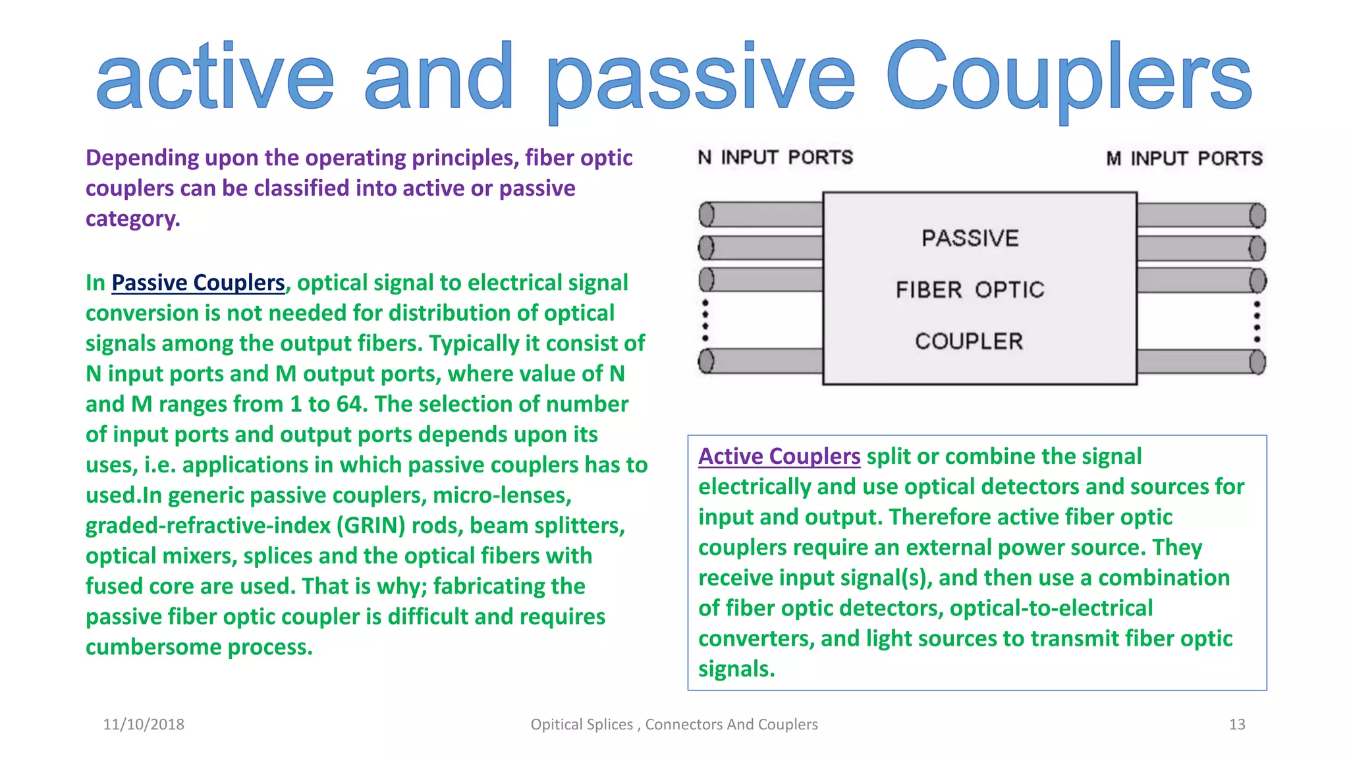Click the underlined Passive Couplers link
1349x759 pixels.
[x=198, y=283]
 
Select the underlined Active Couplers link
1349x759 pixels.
[x=779, y=457]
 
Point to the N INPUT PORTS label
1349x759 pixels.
[x=775, y=157]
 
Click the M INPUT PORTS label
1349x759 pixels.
[x=1184, y=159]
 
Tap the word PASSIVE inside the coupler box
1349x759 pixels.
[x=970, y=238]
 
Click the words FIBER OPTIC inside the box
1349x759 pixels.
[x=970, y=290]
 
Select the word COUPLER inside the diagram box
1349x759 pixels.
[x=969, y=341]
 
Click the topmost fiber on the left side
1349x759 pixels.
[x=761, y=214]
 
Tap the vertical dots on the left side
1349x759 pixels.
[x=705, y=320]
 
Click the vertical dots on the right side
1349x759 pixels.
[x=1257, y=322]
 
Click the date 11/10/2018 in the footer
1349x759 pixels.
[x=144, y=725]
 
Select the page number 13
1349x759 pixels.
[x=1237, y=725]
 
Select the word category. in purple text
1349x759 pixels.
[x=132, y=219]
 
